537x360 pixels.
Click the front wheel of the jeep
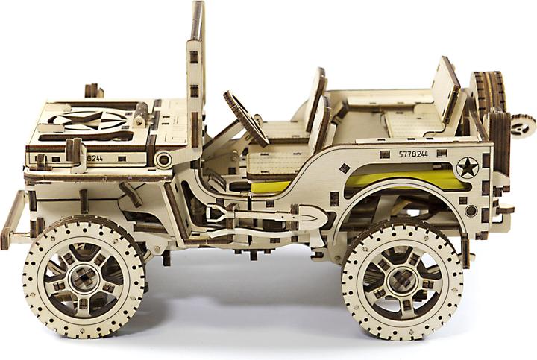point(84,277)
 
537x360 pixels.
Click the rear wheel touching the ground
point(403,277)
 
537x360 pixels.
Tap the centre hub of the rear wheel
point(403,279)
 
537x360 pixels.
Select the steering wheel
point(246,119)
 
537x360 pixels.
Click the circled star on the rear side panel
point(467,168)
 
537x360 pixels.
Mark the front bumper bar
point(13,220)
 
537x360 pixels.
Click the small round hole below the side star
point(471,211)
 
